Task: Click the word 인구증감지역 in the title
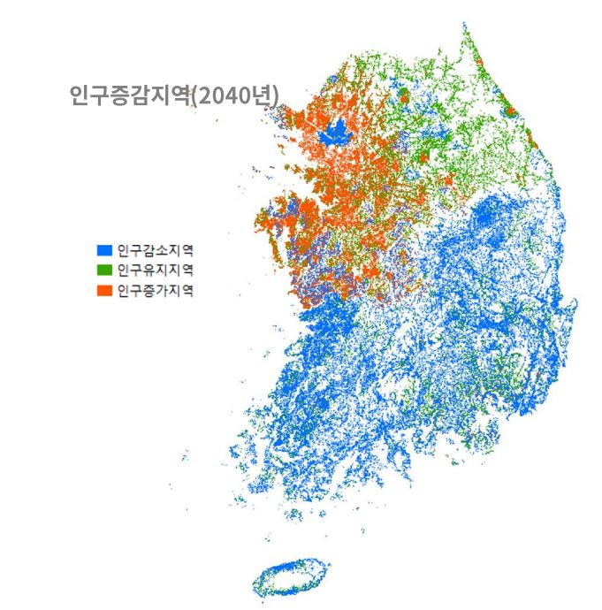[130, 95]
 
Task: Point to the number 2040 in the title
[223, 95]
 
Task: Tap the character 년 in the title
[261, 95]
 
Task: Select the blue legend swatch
[104, 250]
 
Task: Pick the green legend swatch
[104, 270]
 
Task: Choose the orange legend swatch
[104, 289]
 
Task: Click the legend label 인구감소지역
[155, 250]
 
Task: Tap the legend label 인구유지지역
[155, 270]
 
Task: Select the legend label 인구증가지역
[155, 289]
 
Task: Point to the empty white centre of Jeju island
[290, 577]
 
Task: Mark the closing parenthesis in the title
[277, 95]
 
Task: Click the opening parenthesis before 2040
[194, 95]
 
